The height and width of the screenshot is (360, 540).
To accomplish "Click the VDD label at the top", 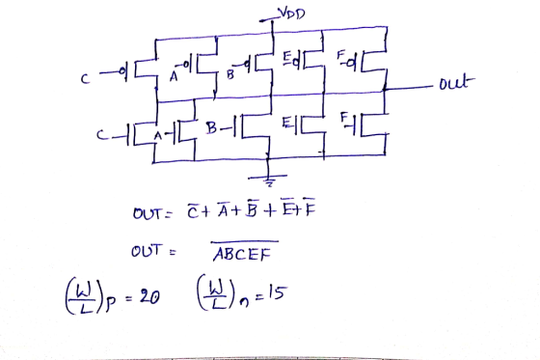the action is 291,14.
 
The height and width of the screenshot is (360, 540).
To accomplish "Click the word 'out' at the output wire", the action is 456,83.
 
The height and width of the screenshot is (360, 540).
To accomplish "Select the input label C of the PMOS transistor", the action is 85,79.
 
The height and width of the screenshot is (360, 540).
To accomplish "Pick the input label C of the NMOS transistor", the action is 101,135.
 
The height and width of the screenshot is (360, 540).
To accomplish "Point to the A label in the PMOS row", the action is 174,76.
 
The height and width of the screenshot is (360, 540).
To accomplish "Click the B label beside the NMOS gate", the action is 211,128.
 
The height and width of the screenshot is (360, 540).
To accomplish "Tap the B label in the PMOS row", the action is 230,75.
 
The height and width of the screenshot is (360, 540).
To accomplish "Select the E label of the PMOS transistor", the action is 287,58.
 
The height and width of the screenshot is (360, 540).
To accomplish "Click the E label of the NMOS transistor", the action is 286,123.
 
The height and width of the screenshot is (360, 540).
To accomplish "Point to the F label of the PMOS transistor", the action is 340,54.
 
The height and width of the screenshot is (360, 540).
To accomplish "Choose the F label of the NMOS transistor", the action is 344,117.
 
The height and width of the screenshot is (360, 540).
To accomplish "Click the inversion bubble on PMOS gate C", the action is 121,71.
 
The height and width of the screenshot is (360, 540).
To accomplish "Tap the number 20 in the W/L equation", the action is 149,296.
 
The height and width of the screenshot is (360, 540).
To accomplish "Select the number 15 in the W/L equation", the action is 277,293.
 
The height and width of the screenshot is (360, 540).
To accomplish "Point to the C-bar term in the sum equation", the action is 192,211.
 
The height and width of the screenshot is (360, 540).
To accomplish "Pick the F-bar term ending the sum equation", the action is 310,207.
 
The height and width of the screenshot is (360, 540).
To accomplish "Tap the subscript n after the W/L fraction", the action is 244,302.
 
